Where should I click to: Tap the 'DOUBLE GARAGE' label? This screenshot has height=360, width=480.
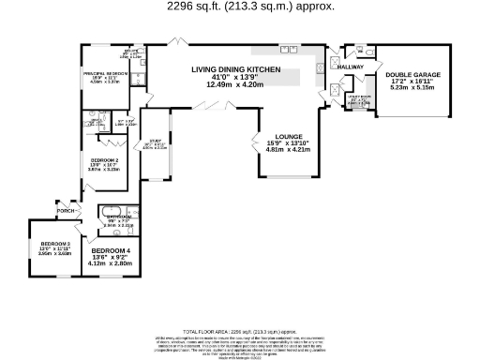[x=412, y=75]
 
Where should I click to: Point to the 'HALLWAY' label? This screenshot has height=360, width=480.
[x=351, y=67]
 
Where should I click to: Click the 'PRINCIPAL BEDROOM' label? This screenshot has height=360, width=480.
[x=104, y=72]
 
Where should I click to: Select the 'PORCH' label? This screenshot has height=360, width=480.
[x=65, y=210]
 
